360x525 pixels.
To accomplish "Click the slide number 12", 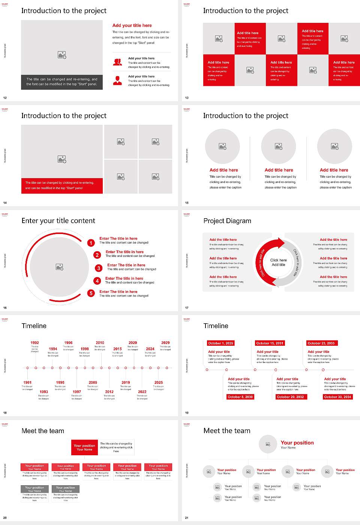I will coord(5,98).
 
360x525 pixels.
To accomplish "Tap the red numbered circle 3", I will coord(99,268).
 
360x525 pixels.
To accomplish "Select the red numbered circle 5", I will coord(91,293).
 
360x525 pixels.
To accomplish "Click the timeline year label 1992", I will coord(34,343).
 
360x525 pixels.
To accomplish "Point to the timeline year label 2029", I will coord(165,343).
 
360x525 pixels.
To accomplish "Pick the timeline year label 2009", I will coord(93,382).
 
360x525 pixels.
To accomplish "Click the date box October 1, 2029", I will coord(220,343).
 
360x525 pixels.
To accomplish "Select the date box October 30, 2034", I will coord(337,397).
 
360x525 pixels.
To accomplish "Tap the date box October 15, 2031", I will coord(270,343).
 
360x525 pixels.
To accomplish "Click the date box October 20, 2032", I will coord(290,397).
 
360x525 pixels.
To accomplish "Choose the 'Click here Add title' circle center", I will coord(278,262).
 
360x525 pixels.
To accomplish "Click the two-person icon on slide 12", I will coord(117,62).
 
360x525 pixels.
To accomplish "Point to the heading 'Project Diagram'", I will coord(227,221).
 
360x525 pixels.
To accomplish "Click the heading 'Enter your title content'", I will coord(58,221).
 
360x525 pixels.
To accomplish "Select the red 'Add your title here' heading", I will coord(132,25).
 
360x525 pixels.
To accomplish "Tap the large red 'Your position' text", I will coord(297,443).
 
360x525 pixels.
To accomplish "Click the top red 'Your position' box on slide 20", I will coord(84,447).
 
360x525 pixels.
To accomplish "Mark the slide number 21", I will coord(187,518).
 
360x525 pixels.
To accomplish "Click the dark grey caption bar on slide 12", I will coord(62,82).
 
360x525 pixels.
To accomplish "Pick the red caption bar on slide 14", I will coord(62,186).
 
